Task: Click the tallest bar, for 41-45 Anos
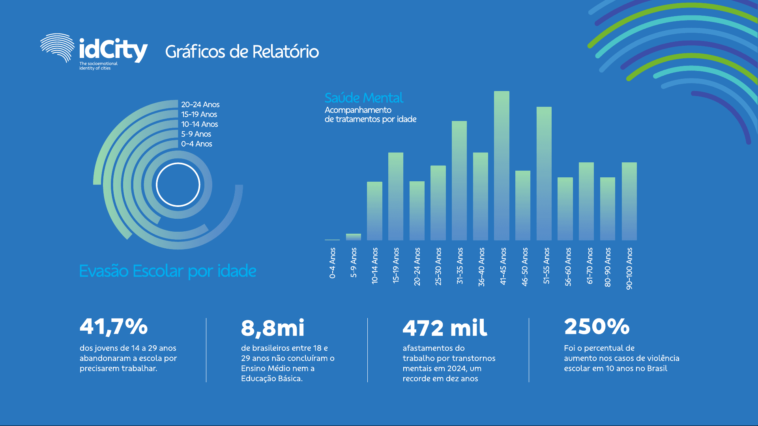(502, 166)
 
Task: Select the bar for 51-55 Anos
(544, 173)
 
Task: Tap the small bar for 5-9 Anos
(353, 237)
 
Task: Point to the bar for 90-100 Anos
(629, 201)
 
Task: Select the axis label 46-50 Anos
(525, 266)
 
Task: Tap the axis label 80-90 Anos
(608, 267)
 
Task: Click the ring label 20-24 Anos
(200, 104)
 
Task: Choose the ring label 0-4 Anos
(197, 144)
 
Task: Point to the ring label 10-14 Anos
(199, 124)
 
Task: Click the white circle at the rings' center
(178, 184)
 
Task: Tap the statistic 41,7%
(114, 327)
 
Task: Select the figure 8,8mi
(273, 328)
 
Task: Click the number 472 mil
(445, 328)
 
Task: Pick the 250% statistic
(597, 327)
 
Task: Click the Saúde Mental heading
(363, 98)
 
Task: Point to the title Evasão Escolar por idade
(168, 271)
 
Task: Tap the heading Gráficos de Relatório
(242, 52)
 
